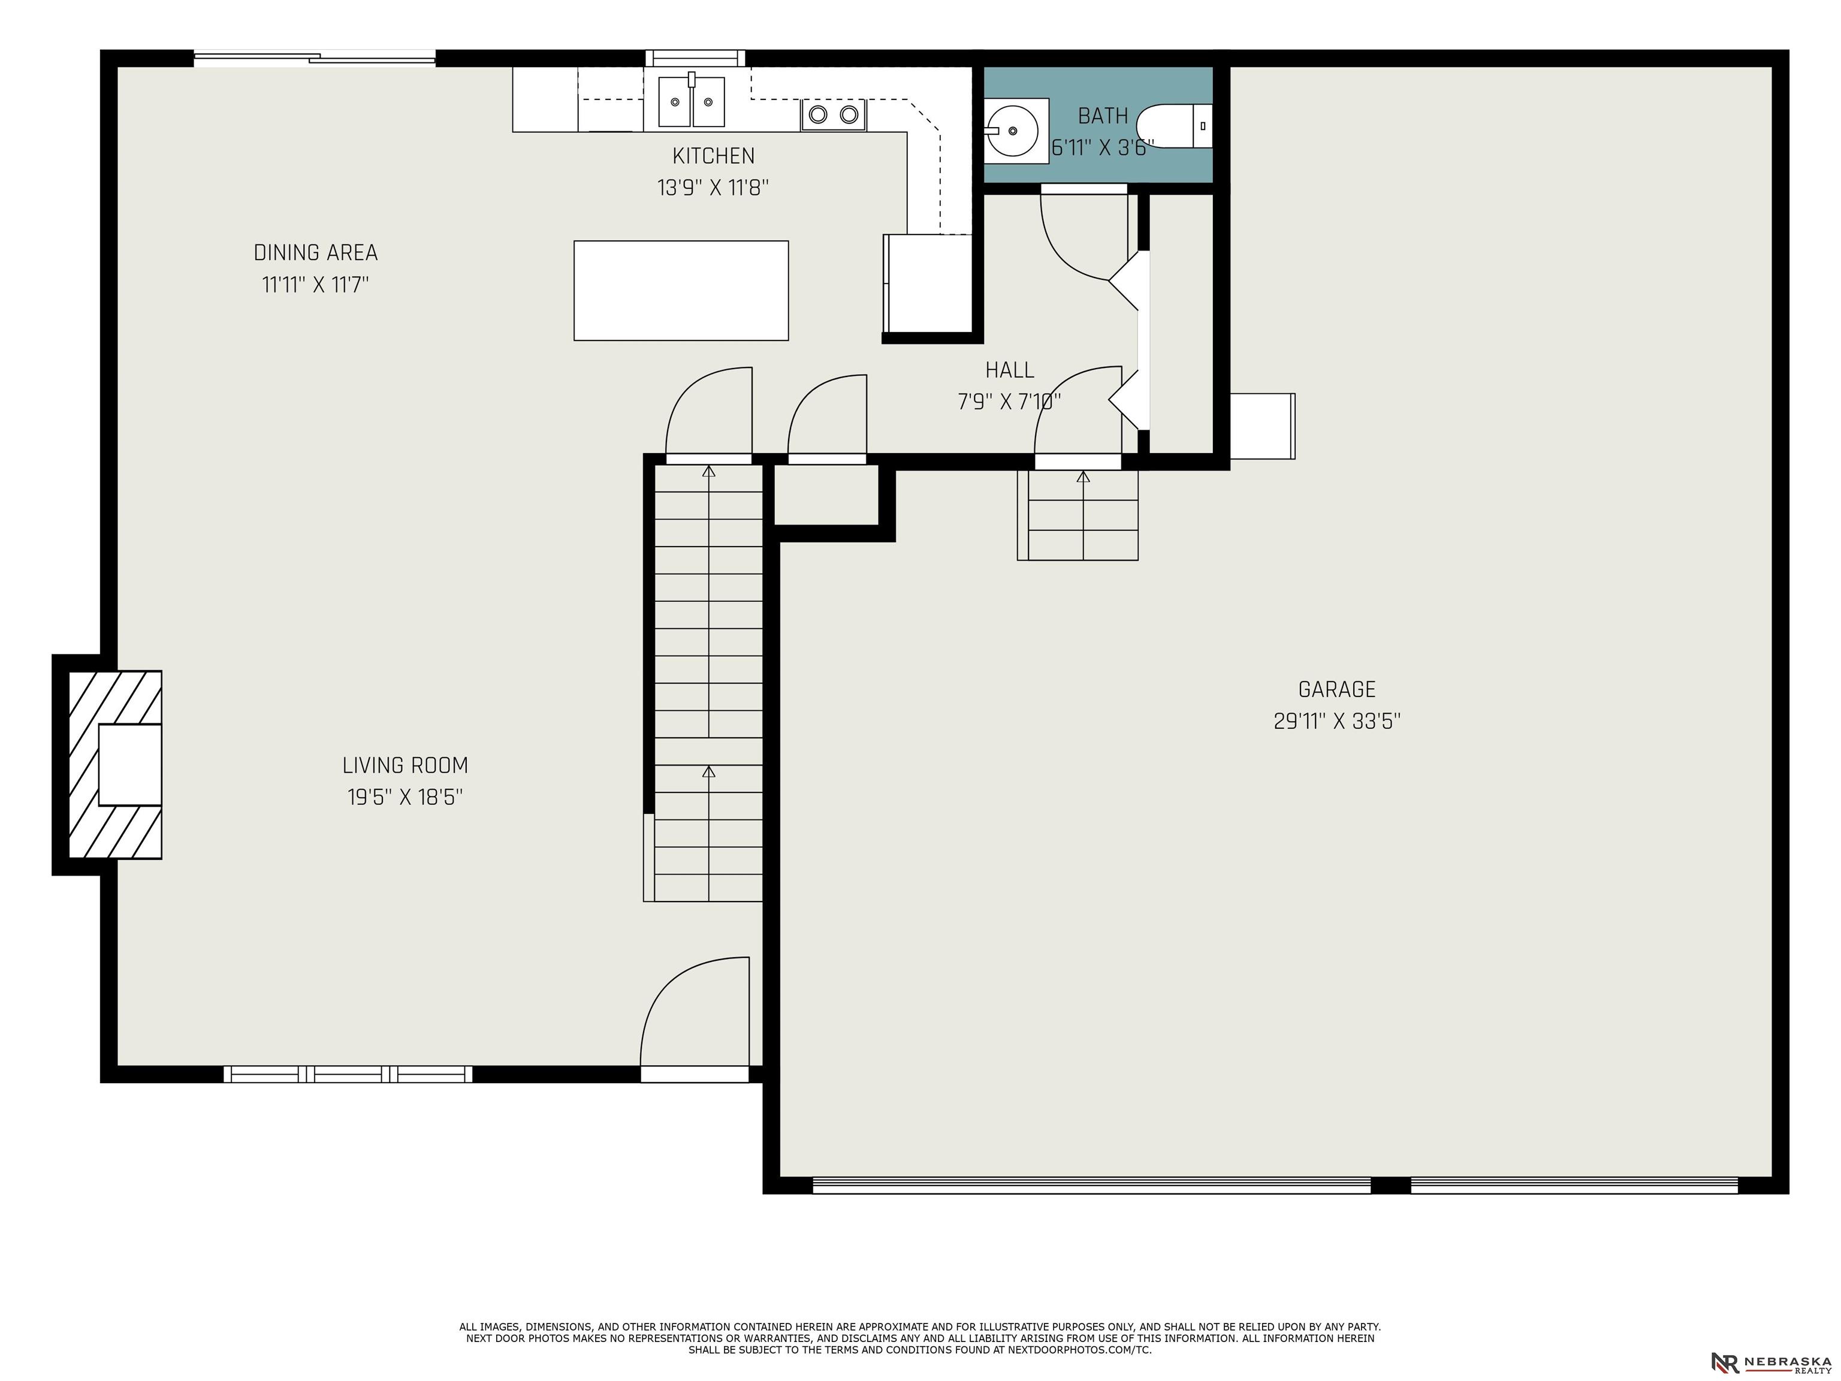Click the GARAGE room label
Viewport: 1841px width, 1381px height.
(x=1336, y=689)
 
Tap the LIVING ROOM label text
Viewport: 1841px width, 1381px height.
(x=405, y=765)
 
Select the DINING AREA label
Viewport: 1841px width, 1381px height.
(x=315, y=252)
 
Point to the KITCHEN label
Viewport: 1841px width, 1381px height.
(x=713, y=156)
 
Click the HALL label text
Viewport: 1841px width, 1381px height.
(x=1010, y=370)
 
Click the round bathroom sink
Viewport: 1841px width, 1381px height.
(x=1012, y=131)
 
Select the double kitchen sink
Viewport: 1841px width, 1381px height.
(x=692, y=101)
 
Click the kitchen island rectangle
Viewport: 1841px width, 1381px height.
(x=681, y=291)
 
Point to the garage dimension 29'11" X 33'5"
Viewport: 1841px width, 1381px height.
(x=1336, y=721)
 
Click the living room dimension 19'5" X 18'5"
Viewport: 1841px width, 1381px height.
(x=405, y=797)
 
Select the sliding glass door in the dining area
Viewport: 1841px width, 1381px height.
(x=315, y=58)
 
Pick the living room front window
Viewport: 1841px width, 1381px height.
(x=348, y=1075)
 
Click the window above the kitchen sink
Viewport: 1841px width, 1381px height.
(x=695, y=58)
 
